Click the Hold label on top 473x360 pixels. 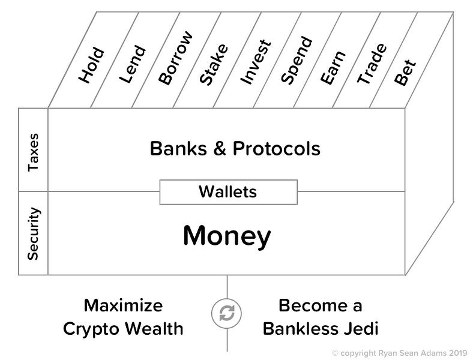(x=92, y=65)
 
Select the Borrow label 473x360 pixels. (x=176, y=58)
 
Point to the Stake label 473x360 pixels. (x=213, y=64)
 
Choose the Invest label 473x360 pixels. (x=255, y=62)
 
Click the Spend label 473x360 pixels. (x=297, y=60)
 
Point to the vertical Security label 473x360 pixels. (x=34, y=233)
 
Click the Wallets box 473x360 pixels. (x=227, y=192)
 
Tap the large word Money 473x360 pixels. (x=227, y=236)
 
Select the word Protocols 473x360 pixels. (x=274, y=149)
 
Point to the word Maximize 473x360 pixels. (x=123, y=305)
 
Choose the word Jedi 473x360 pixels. (x=363, y=329)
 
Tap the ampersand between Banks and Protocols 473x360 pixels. (x=218, y=149)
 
